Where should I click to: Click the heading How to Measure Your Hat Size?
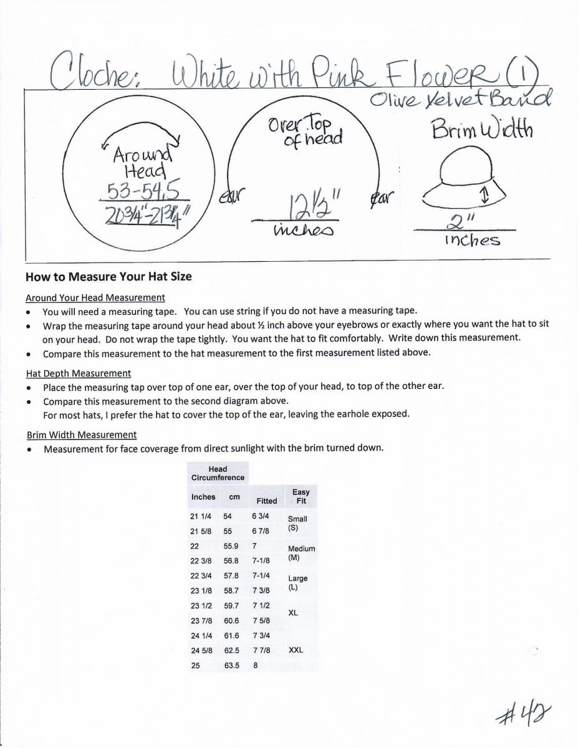[108, 277]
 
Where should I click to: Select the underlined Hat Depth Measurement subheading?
[79, 373]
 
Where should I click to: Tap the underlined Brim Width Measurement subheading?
[82, 434]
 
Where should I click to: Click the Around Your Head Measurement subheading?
[95, 297]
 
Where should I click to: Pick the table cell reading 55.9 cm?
[230, 545]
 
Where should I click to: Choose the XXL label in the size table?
[296, 650]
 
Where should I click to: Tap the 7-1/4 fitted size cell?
[261, 575]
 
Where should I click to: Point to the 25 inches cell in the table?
[196, 665]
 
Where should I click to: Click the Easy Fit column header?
[301, 496]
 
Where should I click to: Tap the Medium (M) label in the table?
[301, 553]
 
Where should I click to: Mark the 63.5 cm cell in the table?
[231, 665]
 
